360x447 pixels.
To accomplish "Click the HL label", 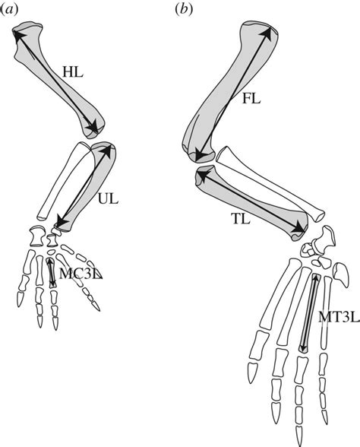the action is (x=73, y=72).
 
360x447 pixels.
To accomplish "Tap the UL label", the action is (x=108, y=199).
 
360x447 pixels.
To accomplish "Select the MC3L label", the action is (x=81, y=274).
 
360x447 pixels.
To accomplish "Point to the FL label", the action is (x=251, y=99).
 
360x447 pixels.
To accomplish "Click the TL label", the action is (x=240, y=219).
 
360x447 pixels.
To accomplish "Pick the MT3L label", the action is (x=338, y=317).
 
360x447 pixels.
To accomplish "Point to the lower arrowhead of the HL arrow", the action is (x=93, y=128).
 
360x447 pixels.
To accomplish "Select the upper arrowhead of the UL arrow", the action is (x=108, y=149).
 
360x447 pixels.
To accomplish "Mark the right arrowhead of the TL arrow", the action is (x=299, y=227).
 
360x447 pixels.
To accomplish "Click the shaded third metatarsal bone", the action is (x=310, y=313).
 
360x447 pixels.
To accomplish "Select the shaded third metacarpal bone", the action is (x=51, y=272).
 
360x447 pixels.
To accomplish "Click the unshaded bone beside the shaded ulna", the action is (x=65, y=181).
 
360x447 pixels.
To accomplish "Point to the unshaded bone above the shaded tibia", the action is (x=270, y=184).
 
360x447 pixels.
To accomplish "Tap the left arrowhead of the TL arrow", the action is (x=203, y=176).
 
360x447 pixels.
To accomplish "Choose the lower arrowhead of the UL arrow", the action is (x=61, y=222).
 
